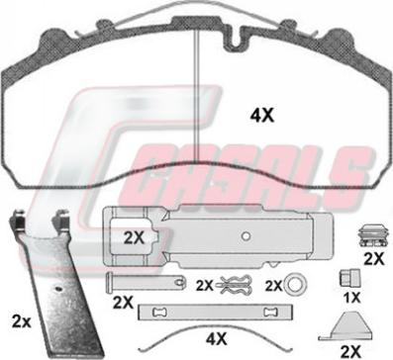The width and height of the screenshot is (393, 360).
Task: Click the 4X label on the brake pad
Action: pos(262,116)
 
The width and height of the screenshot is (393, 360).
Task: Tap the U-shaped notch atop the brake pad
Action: pos(235,40)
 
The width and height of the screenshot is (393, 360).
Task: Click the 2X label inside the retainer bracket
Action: pos(134,238)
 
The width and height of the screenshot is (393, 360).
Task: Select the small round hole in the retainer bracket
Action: pos(246,235)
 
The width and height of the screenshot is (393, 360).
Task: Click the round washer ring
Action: pos(293,285)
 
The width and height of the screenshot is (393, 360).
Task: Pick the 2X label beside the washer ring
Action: pos(274,286)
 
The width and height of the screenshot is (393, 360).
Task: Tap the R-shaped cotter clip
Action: pos(235,285)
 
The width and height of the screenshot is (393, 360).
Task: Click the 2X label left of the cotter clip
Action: pos(205,286)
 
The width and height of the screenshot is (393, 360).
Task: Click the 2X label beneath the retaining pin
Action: pos(123,303)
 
